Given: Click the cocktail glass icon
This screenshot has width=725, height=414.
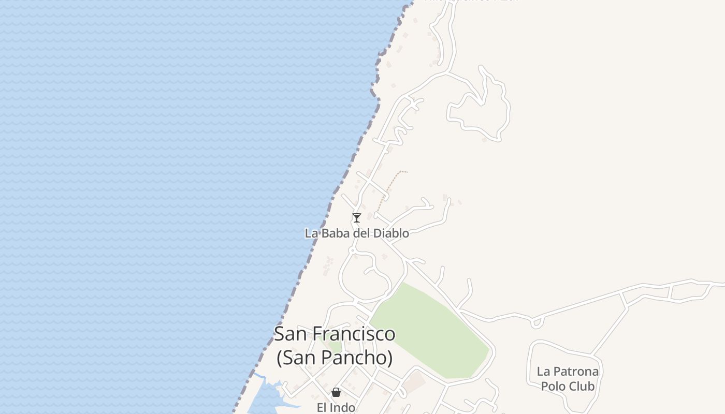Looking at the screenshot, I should (x=356, y=218).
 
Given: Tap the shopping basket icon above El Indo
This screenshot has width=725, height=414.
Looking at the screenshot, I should (x=336, y=392).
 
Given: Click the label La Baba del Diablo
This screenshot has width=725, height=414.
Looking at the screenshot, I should (x=357, y=233).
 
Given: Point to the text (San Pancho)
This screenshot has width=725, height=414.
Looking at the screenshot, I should (x=335, y=358).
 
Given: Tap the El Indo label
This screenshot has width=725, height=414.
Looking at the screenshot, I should (x=336, y=407).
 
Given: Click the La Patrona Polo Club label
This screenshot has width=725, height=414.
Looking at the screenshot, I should (x=568, y=379).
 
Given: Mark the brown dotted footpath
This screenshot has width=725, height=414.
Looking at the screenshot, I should (x=389, y=186).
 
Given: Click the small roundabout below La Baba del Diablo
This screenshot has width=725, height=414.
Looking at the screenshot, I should (x=352, y=250).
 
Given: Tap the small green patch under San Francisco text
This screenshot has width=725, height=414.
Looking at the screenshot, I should (x=334, y=346).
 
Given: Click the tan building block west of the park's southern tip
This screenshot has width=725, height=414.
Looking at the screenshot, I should (x=415, y=383).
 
